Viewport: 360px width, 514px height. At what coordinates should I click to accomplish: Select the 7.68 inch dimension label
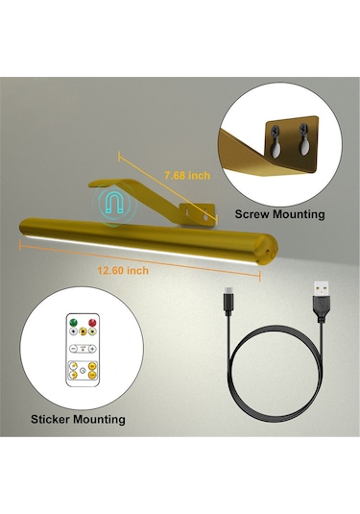pos(186,176)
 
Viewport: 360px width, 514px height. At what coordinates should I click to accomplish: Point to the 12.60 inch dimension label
pos(124,270)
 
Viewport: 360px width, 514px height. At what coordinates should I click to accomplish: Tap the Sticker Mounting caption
pos(77,419)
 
